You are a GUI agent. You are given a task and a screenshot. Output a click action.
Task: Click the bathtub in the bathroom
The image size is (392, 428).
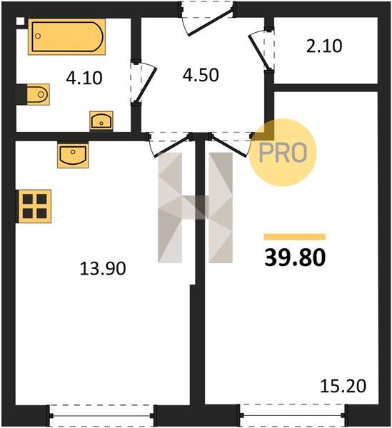coord(66,37)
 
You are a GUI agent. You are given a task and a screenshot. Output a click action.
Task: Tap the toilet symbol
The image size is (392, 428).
coord(38,94)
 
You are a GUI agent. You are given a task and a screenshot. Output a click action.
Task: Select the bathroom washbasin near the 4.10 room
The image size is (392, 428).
coord(101,121)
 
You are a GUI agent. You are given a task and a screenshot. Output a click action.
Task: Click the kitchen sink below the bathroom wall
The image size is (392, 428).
coord(73,155)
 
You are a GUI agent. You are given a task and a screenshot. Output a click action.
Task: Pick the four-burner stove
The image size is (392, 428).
coord(35,206)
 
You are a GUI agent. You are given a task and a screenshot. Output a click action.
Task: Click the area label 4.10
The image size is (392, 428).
coord(84,78)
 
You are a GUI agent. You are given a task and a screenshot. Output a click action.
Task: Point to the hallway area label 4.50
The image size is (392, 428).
coord(201,75)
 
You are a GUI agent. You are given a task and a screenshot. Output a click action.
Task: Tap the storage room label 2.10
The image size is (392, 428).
coord(324,46)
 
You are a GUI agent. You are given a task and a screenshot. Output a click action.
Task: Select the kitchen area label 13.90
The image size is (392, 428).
coord(103,268)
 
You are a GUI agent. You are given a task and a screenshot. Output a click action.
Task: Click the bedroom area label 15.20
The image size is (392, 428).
coord(343,386)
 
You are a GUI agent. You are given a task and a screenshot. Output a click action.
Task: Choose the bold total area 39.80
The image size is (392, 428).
coord(295,258)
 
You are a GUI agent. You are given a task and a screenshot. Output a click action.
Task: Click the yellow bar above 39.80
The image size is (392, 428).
coord(295,237)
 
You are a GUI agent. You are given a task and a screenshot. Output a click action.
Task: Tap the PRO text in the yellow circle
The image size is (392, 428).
coord(283,153)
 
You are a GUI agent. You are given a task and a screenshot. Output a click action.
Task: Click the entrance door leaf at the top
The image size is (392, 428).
coord(210,23)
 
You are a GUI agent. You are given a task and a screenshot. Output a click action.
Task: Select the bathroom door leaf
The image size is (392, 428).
coord(146,85)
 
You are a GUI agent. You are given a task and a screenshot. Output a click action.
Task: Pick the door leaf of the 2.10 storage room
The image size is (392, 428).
coord(258,52)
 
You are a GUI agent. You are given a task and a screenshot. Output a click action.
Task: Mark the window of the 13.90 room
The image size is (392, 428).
coord(102,416)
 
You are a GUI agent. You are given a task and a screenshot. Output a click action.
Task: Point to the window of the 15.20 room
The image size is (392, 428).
coord(293,415)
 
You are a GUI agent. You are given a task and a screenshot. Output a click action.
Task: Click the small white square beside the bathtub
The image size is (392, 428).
coord(20,21)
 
